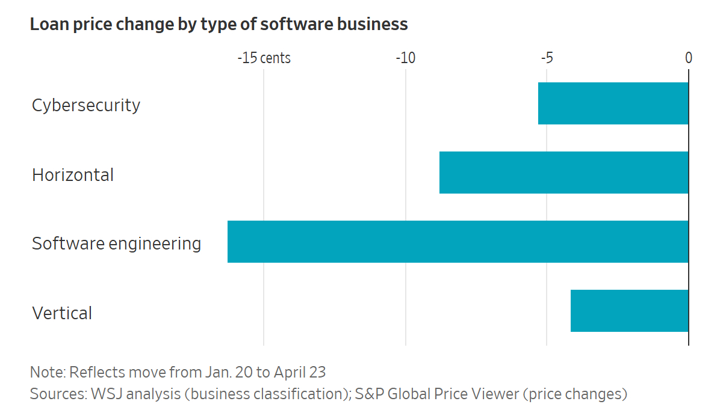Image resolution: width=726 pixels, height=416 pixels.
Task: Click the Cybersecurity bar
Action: pyautogui.click(x=613, y=103)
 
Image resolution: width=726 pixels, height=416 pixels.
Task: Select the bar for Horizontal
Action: pyautogui.click(x=563, y=173)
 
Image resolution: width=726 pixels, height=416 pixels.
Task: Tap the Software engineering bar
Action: pyautogui.click(x=458, y=242)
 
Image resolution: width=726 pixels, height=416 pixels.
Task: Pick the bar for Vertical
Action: pyautogui.click(x=629, y=311)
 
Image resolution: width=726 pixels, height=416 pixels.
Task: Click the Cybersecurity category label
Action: pyautogui.click(x=86, y=105)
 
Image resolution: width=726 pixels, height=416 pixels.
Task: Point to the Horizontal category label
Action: pyautogui.click(x=73, y=175)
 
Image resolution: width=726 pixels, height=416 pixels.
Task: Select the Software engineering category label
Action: pyautogui.click(x=117, y=244)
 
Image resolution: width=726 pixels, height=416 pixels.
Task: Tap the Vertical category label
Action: pyautogui.click(x=62, y=313)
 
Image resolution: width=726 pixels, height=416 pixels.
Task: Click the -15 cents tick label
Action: pyautogui.click(x=264, y=58)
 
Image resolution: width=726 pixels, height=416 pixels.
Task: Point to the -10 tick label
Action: pyautogui.click(x=406, y=58)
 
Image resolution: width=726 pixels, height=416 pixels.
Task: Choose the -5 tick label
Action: pyautogui.click(x=547, y=58)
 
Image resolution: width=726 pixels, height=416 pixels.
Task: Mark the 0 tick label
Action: pyautogui.click(x=689, y=58)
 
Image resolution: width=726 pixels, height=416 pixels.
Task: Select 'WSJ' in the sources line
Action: pyautogui.click(x=105, y=394)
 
